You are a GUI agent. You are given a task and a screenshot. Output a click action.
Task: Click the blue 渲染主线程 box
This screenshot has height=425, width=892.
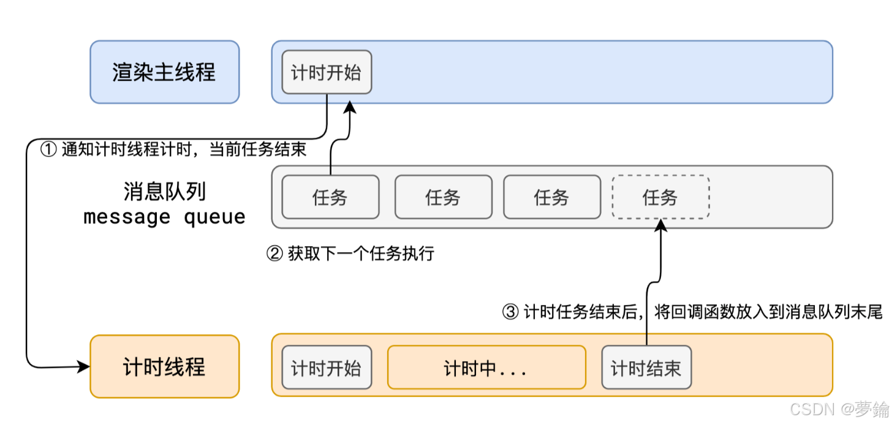pos(164,72)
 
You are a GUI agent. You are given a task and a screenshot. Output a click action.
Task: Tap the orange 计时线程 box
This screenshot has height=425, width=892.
pos(164,367)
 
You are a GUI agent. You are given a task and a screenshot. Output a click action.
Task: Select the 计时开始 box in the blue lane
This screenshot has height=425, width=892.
pos(327,72)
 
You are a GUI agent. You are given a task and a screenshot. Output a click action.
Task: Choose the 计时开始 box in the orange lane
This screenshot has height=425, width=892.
pos(327,367)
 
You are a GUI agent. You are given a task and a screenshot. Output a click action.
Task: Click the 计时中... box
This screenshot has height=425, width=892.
pos(486,367)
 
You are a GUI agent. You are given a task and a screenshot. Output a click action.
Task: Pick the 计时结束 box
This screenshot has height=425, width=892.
pos(646,367)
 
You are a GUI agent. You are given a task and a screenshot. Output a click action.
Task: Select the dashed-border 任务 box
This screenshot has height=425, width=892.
pos(660,197)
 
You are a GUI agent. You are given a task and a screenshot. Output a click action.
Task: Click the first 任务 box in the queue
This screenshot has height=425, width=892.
pos(330,197)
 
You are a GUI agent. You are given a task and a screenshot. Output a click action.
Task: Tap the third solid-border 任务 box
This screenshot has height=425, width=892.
pos(552,197)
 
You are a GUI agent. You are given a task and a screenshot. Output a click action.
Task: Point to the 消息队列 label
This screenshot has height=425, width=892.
pos(164,192)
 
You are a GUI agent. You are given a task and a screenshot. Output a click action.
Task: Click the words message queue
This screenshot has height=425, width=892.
pos(164,217)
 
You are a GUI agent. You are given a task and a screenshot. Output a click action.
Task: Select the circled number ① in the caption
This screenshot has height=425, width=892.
pos(48,149)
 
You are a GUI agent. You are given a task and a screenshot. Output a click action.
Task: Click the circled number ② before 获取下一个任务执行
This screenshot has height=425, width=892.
pos(274,254)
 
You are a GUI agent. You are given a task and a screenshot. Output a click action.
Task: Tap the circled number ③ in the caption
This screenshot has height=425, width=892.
pos(510,312)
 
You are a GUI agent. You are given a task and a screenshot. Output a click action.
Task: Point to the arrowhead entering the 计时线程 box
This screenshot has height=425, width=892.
pos(84,367)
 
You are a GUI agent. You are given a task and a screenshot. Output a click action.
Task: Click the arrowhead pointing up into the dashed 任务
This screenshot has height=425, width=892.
pos(660,225)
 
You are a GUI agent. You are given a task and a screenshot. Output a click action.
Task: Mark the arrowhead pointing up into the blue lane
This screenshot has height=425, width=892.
pos(350,108)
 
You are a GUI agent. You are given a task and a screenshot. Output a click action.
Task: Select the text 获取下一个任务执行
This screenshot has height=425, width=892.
pos(361,254)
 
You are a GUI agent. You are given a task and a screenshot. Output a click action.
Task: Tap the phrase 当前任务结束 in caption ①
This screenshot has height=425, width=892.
pos(258,149)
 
